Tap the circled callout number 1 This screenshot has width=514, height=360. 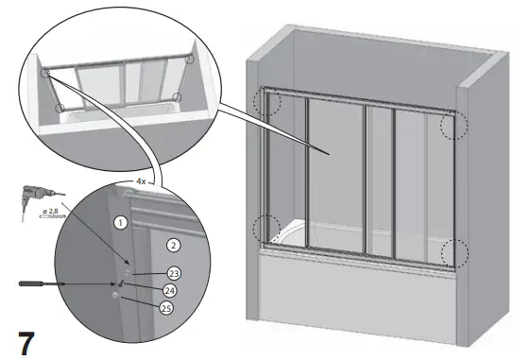[x=120, y=223]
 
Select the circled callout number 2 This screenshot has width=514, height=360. [x=173, y=245]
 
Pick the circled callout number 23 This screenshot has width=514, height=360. [x=173, y=272]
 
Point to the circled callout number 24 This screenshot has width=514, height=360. [x=169, y=290]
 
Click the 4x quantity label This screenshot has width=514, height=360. [x=141, y=180]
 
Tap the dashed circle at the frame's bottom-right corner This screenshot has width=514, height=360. [x=454, y=251]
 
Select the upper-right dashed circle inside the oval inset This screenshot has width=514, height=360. [x=193, y=59]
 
